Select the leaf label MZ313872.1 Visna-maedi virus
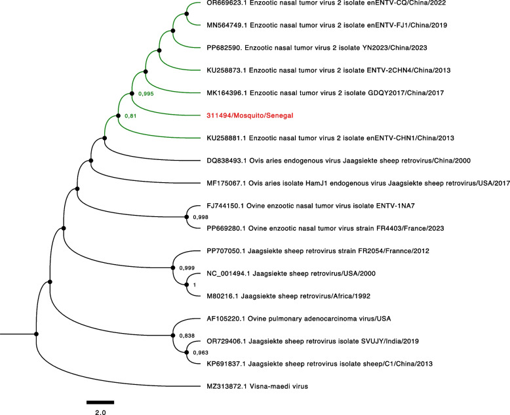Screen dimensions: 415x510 point(258,387)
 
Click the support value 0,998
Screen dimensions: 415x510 point(202,216)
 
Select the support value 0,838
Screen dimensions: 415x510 point(187,336)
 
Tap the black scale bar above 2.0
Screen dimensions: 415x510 point(100,401)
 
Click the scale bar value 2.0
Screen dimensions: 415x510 point(100,412)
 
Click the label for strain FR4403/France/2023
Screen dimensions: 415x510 point(344,229)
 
